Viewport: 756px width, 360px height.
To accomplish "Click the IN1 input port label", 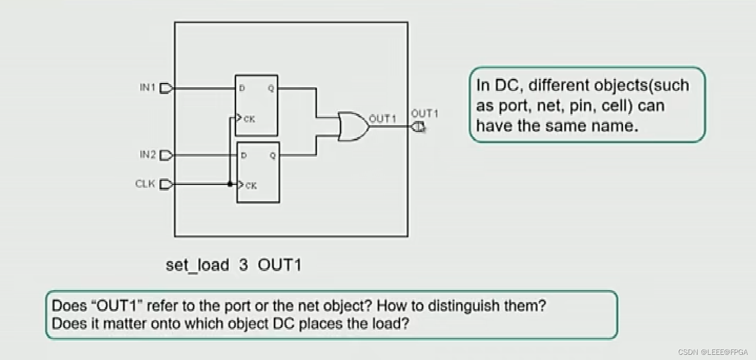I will point(148,88).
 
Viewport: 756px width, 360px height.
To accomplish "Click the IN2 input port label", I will point(148,155).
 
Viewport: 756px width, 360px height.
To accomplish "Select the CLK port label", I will point(145,184).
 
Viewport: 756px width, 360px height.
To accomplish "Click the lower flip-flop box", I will point(258,173).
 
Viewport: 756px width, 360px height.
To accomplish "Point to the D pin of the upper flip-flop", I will point(242,88).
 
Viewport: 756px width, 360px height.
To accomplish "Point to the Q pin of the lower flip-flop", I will point(272,156).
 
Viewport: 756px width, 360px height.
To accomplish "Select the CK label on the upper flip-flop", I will point(249,119).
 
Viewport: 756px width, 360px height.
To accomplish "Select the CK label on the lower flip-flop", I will point(251,186).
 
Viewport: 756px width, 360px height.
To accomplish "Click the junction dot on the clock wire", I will point(230,184).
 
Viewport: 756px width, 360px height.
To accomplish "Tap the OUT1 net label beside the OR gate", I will point(382,119).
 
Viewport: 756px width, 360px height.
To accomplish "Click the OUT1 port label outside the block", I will point(424,114).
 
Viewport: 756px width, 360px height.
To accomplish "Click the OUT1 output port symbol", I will point(418,127).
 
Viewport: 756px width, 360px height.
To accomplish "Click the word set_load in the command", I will point(197,264).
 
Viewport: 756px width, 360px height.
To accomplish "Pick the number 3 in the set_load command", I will point(243,264).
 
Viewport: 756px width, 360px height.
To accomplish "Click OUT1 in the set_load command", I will point(279,264).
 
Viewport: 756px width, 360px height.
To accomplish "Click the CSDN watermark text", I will point(712,352).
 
